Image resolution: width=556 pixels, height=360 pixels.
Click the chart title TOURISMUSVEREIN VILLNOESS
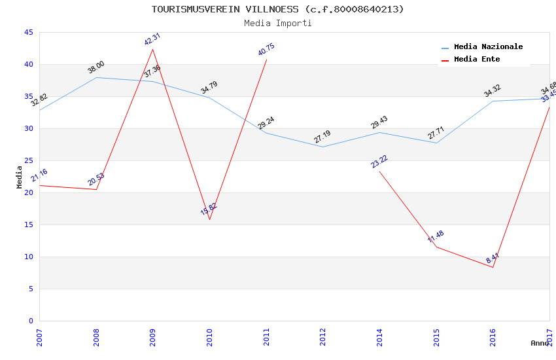tap(277, 9)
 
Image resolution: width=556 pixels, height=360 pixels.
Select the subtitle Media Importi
tap(277, 23)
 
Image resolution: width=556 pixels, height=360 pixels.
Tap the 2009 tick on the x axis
tap(153, 336)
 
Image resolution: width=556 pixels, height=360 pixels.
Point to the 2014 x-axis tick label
tap(380, 336)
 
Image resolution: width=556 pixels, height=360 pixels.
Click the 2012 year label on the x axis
tap(323, 336)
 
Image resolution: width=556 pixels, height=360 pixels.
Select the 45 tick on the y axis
tap(28, 33)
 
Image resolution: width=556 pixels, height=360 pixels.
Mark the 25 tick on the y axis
tap(28, 160)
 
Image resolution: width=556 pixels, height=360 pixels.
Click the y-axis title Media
tap(20, 177)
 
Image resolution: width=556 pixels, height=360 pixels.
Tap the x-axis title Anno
tap(540, 343)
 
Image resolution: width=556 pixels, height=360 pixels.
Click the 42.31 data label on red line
tap(152, 39)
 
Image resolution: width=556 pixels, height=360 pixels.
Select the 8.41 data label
tap(493, 258)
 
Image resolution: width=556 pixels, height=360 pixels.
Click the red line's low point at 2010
tap(210, 219)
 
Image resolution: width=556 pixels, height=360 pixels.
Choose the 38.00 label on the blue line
tap(96, 67)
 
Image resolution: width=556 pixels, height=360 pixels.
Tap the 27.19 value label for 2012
tap(322, 137)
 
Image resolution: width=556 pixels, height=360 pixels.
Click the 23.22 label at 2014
tap(379, 162)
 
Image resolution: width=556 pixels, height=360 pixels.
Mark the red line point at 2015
tap(436, 247)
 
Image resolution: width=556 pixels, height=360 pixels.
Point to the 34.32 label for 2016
tap(493, 91)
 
